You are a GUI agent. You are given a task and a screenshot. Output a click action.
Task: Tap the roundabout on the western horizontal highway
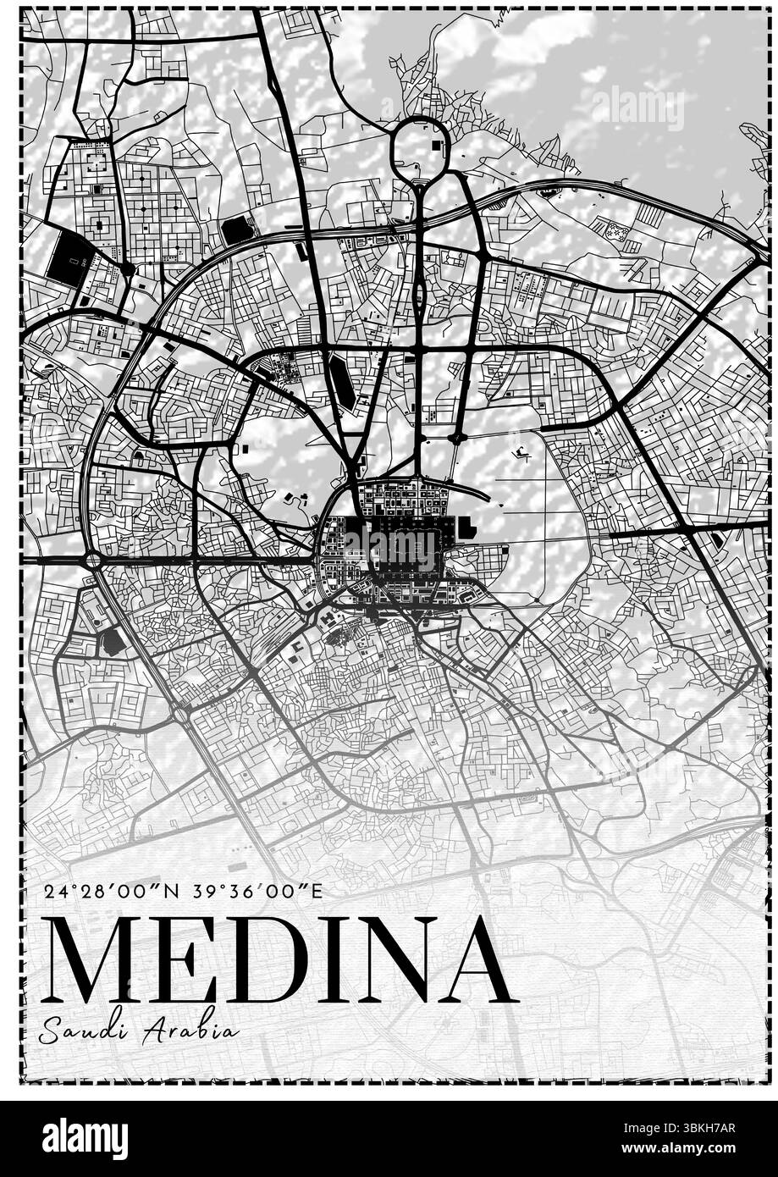click(92, 560)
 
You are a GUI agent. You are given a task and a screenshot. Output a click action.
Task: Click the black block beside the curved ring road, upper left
click(236, 229)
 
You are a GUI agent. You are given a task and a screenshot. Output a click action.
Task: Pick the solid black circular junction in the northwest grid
click(127, 269)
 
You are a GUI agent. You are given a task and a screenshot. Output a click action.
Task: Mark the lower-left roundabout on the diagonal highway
click(180, 714)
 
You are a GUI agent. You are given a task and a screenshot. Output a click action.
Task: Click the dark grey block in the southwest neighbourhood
click(111, 643)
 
